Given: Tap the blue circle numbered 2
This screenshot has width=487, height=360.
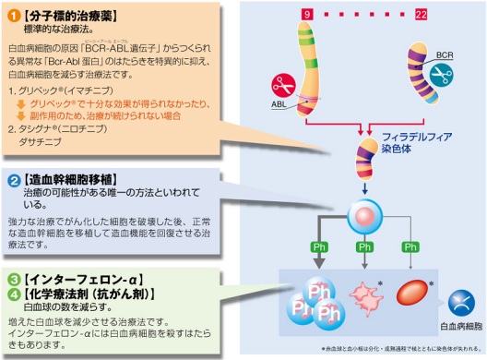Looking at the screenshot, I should [x=14, y=179].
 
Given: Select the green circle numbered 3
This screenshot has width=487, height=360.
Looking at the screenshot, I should [x=14, y=279].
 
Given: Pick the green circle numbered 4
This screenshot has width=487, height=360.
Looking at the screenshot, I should [x=14, y=294].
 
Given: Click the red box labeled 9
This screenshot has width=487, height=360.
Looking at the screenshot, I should [x=307, y=14].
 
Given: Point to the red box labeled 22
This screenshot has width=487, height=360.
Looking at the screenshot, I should [x=422, y=14].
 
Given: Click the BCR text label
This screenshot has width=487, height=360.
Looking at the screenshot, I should [x=445, y=56].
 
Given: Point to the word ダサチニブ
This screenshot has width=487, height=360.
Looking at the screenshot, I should [x=46, y=145].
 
